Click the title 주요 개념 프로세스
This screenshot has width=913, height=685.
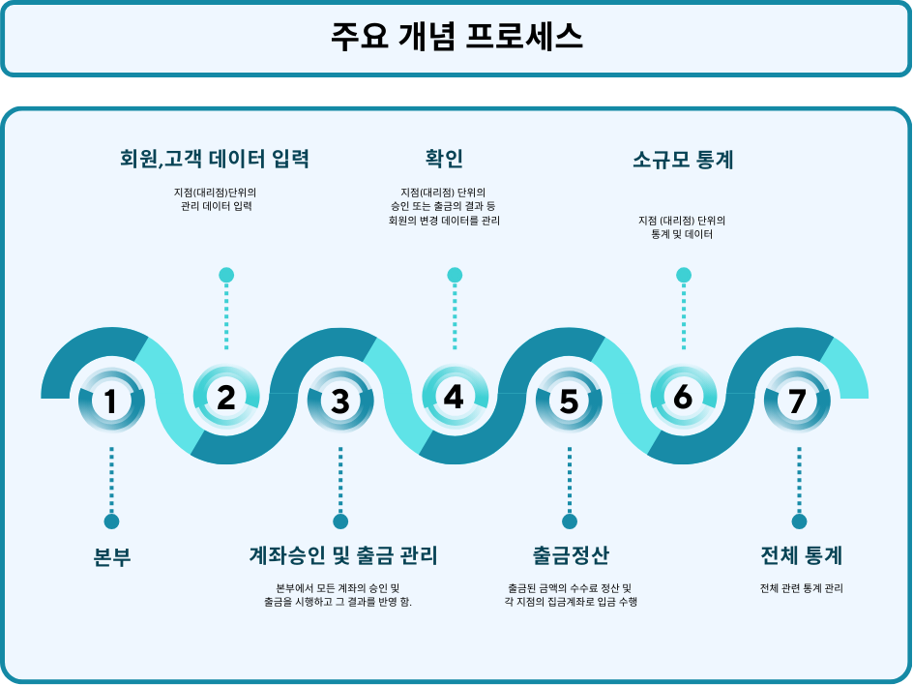456,37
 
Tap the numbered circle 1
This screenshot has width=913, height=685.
111,401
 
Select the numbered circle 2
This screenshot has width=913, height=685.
226,397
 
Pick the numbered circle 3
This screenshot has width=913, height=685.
340,401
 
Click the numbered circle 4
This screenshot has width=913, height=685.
455,397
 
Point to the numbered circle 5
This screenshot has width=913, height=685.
569,401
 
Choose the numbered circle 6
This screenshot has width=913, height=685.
683,397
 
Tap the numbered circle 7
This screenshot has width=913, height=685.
797,401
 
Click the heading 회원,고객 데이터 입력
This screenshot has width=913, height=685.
215,159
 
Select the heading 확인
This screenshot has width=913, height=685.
444,159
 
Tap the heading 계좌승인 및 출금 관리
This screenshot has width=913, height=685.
343,555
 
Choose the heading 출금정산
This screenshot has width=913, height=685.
570,555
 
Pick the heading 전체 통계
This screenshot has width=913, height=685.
801,555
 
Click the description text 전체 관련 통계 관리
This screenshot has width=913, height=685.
801,587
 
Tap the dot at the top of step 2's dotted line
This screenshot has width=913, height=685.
226,275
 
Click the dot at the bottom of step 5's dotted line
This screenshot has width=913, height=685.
569,521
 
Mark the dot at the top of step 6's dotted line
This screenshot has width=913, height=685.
683,275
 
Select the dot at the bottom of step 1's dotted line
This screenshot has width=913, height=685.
111,521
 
